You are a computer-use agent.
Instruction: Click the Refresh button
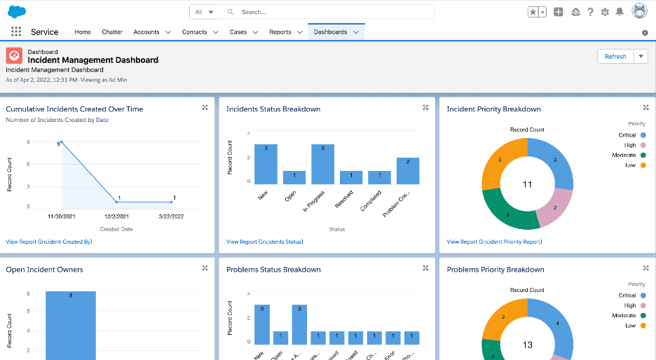tap(615, 57)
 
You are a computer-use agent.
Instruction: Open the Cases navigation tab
tap(238, 32)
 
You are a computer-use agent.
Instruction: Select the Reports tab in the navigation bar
tap(280, 32)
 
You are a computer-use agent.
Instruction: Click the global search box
tap(329, 12)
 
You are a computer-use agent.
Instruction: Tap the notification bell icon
tap(620, 12)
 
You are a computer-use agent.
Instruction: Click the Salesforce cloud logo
tap(17, 11)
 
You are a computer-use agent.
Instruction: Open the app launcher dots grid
tap(16, 32)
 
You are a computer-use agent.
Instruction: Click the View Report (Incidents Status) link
tap(264, 242)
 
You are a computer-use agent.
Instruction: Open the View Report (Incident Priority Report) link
tap(494, 242)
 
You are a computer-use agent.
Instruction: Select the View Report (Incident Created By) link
tap(48, 242)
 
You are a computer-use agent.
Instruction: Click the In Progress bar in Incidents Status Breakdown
tap(322, 165)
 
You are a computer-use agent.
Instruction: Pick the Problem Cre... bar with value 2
tap(408, 171)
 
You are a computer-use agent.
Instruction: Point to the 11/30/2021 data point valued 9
tap(62, 142)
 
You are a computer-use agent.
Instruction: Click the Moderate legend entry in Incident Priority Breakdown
tap(629, 155)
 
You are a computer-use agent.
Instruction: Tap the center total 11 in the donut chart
tap(528, 184)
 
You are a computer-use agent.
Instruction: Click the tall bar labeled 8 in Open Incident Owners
tap(71, 326)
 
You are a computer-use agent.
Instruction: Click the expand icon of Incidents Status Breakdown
tap(425, 108)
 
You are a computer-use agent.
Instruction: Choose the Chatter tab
tap(112, 32)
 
